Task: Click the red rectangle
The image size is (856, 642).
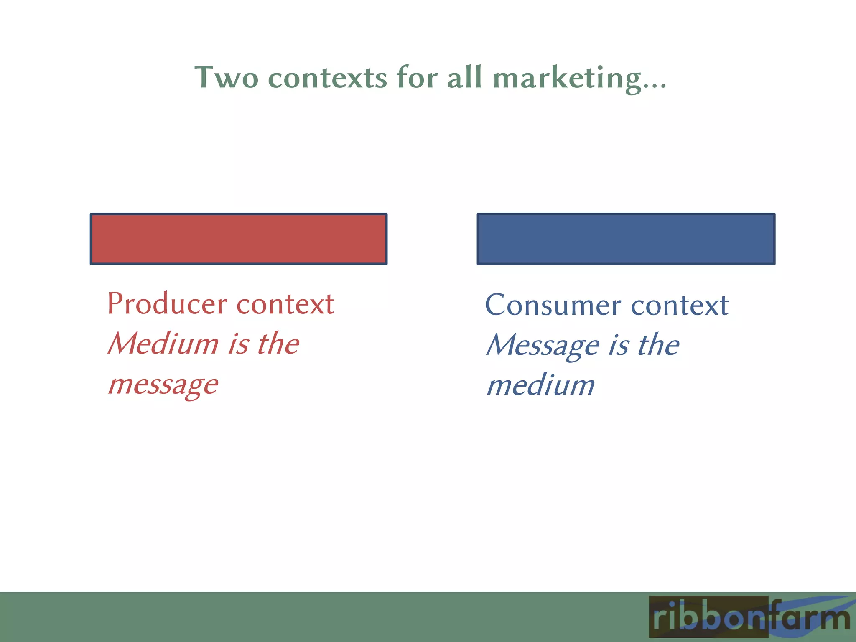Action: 239,239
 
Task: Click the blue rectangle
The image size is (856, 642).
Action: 626,239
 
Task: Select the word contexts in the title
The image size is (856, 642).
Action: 327,78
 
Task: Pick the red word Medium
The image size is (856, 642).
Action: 163,344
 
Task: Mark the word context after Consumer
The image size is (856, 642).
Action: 680,306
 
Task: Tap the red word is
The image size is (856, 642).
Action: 238,344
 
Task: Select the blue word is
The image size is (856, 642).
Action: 618,345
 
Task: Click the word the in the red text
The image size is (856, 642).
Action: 278,344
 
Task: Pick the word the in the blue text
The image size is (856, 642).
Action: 658,345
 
